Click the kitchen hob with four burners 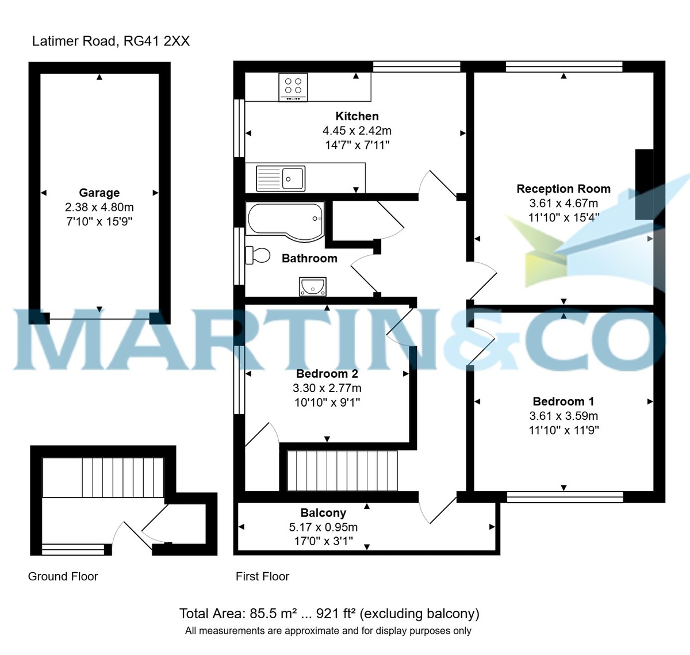293,87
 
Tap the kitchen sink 281,178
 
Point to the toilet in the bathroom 258,255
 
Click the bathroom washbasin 313,286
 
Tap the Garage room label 99,193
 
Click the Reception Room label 563,189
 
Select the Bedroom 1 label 563,401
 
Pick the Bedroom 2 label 327,374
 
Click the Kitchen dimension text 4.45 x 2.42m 357,131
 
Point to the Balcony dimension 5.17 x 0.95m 323,527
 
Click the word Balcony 323,512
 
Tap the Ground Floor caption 63,576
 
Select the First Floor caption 262,576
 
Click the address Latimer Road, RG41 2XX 111,41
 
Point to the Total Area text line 329,614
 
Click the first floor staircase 342,470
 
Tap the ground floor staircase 103,477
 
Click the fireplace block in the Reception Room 644,184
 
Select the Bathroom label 309,258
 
